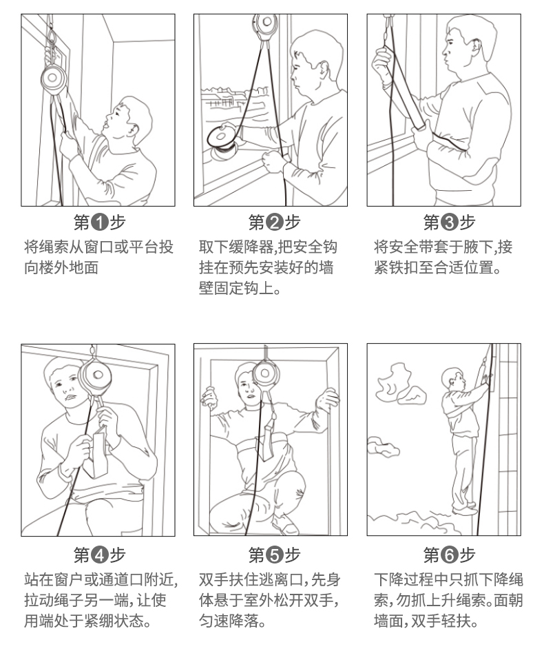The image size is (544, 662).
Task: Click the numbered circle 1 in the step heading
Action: pyautogui.click(x=100, y=222)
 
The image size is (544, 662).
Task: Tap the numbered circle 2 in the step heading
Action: pyautogui.click(x=275, y=222)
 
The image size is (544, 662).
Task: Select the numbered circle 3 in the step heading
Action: pyautogui.click(x=450, y=222)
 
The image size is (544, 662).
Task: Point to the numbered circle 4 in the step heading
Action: pyautogui.click(x=100, y=555)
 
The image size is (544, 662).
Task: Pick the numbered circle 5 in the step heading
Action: pyautogui.click(x=275, y=555)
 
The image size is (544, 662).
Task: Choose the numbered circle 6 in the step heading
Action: pyautogui.click(x=450, y=555)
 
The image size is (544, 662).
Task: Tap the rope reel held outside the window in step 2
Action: pyautogui.click(x=222, y=137)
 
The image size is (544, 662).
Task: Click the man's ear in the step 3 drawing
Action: pyautogui.click(x=476, y=45)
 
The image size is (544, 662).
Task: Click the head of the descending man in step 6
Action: pyautogui.click(x=452, y=378)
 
